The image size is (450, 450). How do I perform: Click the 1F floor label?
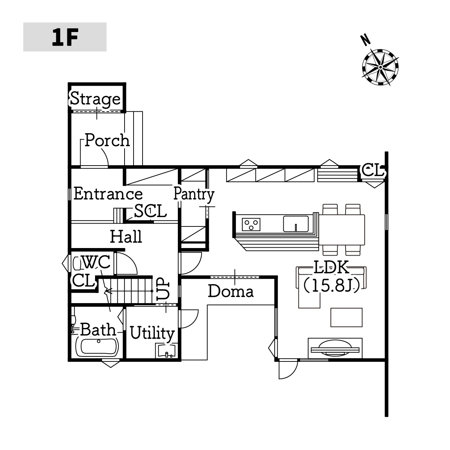point(65,37)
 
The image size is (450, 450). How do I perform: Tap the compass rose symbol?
point(380,67)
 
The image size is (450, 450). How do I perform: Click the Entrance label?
point(108,194)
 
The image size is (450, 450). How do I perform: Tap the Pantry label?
point(194,194)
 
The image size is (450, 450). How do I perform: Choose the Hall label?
point(126,237)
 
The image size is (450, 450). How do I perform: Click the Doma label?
point(231,291)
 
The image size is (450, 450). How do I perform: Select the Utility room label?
point(152,333)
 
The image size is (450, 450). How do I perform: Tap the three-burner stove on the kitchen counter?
point(251,224)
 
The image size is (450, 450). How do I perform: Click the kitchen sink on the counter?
point(296,224)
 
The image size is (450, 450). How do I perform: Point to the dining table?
point(342,230)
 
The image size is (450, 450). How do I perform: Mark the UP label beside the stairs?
point(163,289)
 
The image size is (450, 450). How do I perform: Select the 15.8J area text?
point(331,286)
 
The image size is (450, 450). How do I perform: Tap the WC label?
point(96,262)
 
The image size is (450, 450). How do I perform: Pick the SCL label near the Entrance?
point(150,211)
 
